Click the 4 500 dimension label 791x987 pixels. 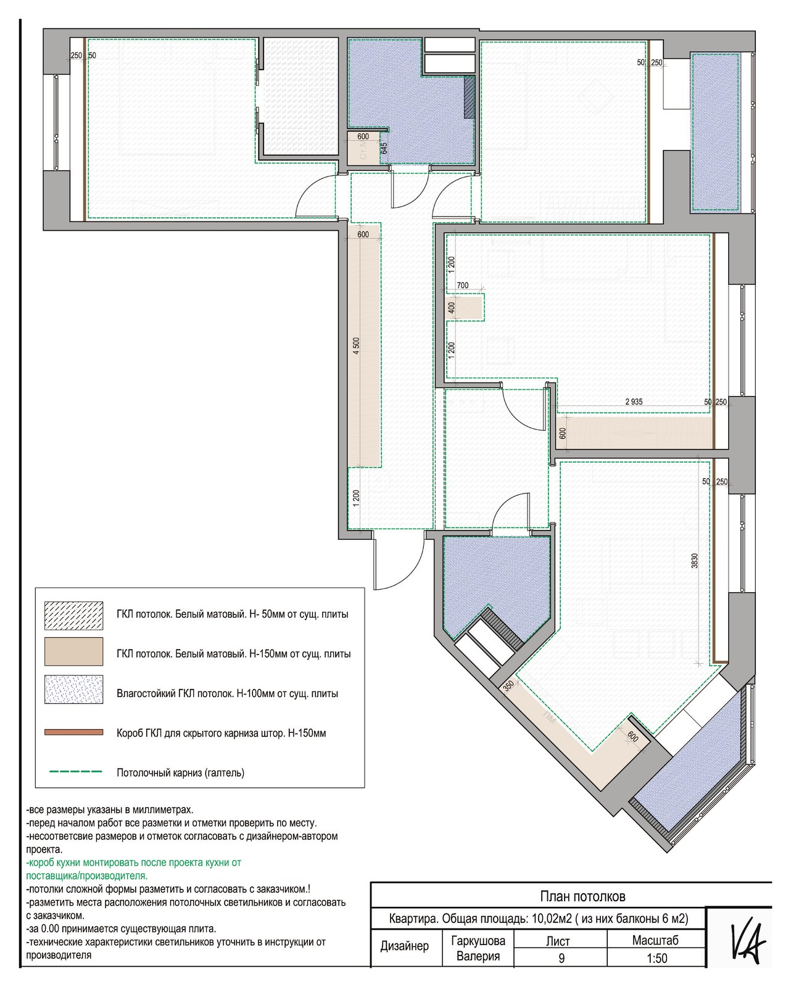357,346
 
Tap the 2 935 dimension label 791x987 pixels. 634,402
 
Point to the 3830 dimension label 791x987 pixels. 694,561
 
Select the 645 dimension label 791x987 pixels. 384,148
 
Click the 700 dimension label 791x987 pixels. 463,285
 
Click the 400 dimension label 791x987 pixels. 452,308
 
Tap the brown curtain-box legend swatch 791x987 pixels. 73,732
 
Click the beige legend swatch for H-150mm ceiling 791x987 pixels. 73,651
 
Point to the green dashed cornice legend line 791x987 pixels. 76,772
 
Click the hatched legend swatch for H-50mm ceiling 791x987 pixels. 73,616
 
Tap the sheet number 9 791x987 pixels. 561,958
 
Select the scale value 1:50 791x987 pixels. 656,958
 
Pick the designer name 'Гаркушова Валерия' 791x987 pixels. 478,948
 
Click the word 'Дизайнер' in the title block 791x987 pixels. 404,946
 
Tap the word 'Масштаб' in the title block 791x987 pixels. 655,940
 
